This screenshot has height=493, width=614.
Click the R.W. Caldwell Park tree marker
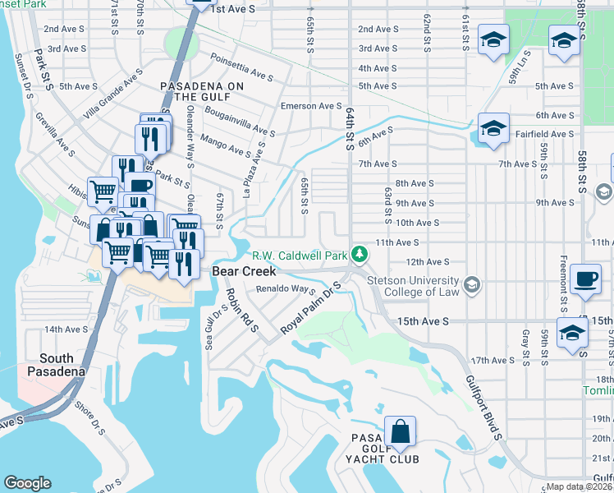[x=359, y=254]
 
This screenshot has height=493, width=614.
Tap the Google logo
[x=27, y=483]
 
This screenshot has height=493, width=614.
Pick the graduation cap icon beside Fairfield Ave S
[x=493, y=128]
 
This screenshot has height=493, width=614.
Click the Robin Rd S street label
[x=242, y=310]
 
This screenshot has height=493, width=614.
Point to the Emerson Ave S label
[x=311, y=106]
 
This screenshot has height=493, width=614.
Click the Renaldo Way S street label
[x=286, y=289]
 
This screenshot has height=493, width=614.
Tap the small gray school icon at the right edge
[x=603, y=192]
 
